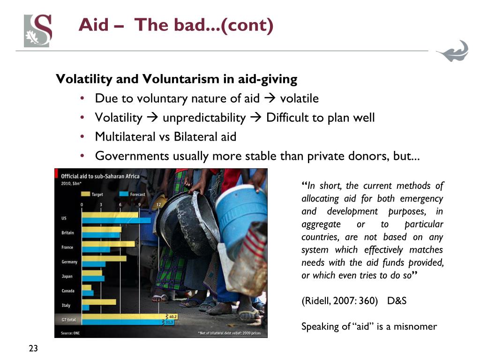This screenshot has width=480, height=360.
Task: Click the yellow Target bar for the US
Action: click(110, 215)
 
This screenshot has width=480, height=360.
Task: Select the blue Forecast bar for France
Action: click(96, 249)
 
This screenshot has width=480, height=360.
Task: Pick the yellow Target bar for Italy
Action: click(98, 302)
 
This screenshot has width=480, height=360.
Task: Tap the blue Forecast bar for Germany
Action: click(93, 264)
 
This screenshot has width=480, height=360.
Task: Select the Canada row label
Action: click(68, 291)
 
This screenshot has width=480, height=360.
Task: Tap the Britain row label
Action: click(67, 232)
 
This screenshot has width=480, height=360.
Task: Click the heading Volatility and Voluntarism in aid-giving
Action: click(176, 79)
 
